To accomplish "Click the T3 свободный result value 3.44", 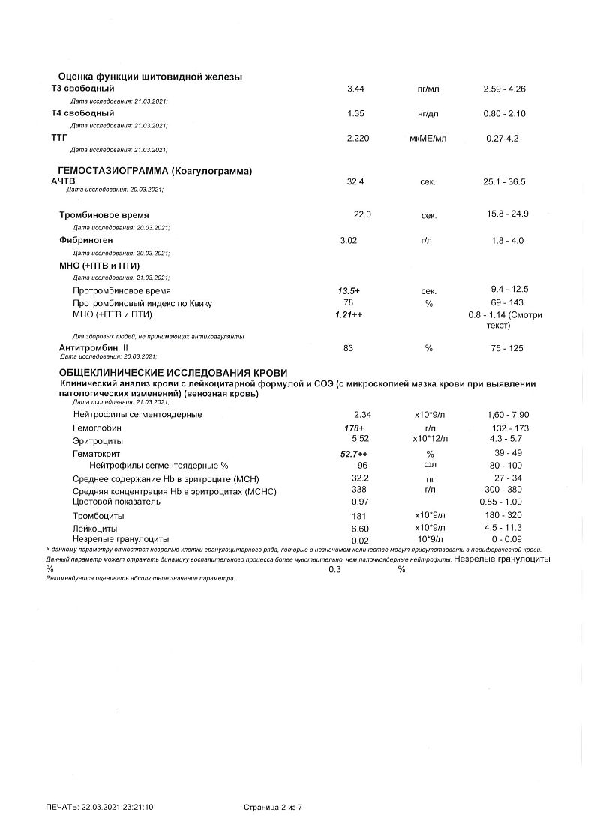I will point(355,89).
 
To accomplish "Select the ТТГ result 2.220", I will point(358,139).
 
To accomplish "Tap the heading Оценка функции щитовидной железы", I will point(150,77).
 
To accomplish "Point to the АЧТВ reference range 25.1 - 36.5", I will point(505,182).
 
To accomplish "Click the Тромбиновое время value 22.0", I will point(363,214).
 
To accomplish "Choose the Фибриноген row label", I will point(86,241).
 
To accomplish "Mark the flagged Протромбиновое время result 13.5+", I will point(349,290).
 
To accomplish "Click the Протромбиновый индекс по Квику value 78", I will point(348,302).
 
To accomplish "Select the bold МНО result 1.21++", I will point(349,314).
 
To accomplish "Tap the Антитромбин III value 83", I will point(348,348).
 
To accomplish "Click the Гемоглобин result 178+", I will point(353,427).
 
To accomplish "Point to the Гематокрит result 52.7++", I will point(354,454).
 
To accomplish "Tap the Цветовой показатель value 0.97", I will point(361,502).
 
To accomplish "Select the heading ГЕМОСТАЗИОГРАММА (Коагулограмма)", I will point(155,171).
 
